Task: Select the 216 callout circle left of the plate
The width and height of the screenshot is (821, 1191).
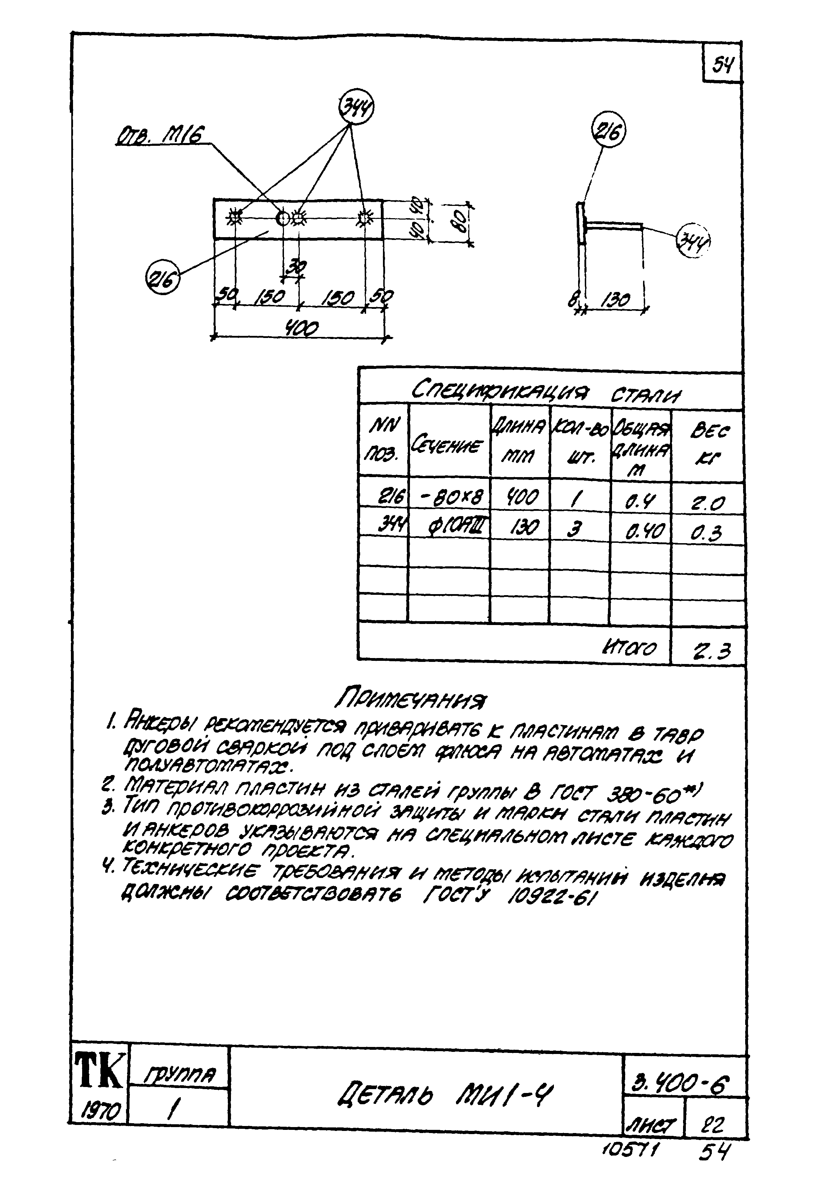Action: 163,278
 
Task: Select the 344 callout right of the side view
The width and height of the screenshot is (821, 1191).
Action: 693,240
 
